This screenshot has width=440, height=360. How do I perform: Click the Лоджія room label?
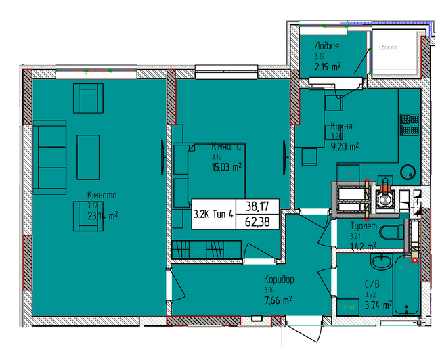[x=326, y=45]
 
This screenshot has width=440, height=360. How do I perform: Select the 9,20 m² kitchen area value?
[x=345, y=145]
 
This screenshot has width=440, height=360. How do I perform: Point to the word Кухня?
[x=340, y=125]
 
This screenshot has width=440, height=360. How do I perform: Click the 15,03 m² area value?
[x=227, y=166]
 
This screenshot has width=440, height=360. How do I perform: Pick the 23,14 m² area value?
[x=102, y=216]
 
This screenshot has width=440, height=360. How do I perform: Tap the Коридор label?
[x=280, y=279]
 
